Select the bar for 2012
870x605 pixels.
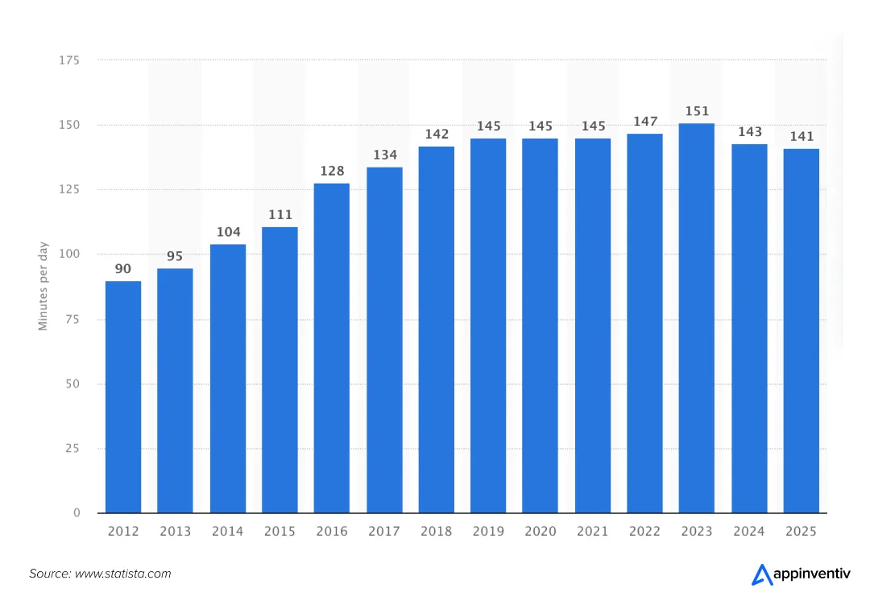(123, 397)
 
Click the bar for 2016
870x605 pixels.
(332, 348)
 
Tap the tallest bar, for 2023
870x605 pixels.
(697, 318)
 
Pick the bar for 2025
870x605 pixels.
(802, 331)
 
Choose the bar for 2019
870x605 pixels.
(488, 325)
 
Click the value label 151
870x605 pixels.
(697, 111)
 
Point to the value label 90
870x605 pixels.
(123, 269)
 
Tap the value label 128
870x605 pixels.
(332, 171)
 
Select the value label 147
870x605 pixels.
(644, 122)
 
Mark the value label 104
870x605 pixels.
(228, 232)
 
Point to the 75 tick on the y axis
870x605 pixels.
(72, 319)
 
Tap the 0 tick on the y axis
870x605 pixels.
(77, 513)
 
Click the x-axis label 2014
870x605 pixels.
(228, 532)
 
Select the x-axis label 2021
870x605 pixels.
(592, 532)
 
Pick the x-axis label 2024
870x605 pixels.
(749, 532)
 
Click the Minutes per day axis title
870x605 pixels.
(43, 286)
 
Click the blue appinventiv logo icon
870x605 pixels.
(761, 574)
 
